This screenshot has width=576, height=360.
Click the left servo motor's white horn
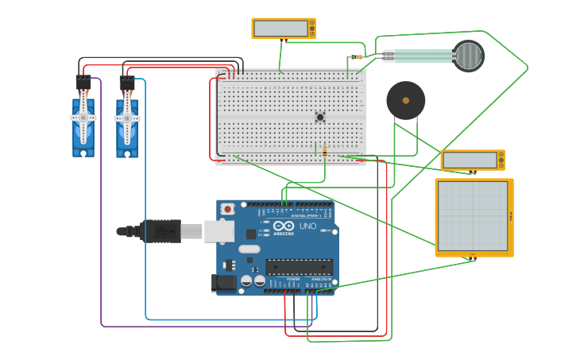click(83, 118)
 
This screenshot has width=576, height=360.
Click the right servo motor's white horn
click(127, 118)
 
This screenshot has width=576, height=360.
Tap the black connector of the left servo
click(83, 82)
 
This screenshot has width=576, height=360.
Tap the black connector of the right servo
click(127, 82)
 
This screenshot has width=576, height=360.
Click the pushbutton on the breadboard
click(320, 117)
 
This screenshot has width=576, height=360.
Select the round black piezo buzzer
click(405, 101)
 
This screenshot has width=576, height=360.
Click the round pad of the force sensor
click(469, 56)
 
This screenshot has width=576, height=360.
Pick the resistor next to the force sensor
click(357, 57)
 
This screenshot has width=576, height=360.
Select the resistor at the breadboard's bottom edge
click(325, 151)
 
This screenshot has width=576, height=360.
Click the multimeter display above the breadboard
click(280, 29)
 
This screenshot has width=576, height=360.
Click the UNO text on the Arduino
click(307, 226)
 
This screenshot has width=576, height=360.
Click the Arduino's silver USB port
click(218, 230)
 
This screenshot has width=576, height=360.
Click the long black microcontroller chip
click(300, 267)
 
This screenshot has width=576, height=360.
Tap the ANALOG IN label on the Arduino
click(322, 280)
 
